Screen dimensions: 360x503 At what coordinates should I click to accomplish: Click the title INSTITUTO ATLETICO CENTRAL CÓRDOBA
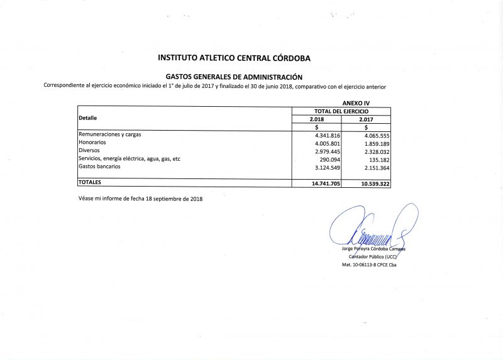[235, 58]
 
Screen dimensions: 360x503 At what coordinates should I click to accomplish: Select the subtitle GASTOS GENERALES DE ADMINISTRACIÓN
[233, 77]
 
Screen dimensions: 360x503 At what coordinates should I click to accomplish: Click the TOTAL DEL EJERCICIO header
[341, 111]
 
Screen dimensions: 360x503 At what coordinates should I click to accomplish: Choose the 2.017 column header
[365, 119]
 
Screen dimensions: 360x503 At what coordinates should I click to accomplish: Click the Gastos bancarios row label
[99, 167]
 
